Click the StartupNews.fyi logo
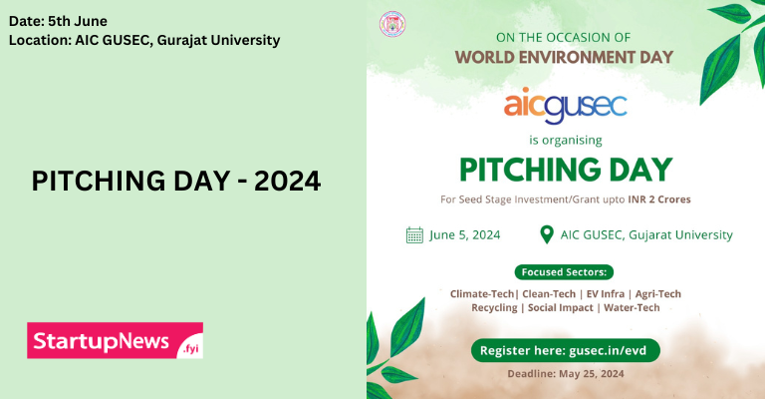pyautogui.click(x=115, y=341)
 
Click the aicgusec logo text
pyautogui.click(x=565, y=103)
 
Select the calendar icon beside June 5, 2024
pyautogui.click(x=414, y=235)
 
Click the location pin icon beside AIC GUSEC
pyautogui.click(x=546, y=235)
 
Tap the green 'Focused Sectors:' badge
pyautogui.click(x=565, y=271)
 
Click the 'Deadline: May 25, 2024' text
pyautogui.click(x=565, y=373)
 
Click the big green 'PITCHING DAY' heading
pyautogui.click(x=565, y=169)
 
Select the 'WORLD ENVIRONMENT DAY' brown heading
pyautogui.click(x=565, y=56)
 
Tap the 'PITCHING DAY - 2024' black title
pyautogui.click(x=176, y=182)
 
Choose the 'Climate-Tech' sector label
pyautogui.click(x=482, y=293)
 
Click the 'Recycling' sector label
pyautogui.click(x=493, y=308)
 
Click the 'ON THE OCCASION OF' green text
pyautogui.click(x=565, y=37)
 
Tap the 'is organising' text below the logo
pyautogui.click(x=565, y=140)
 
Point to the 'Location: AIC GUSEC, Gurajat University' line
pyautogui.click(x=143, y=40)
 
